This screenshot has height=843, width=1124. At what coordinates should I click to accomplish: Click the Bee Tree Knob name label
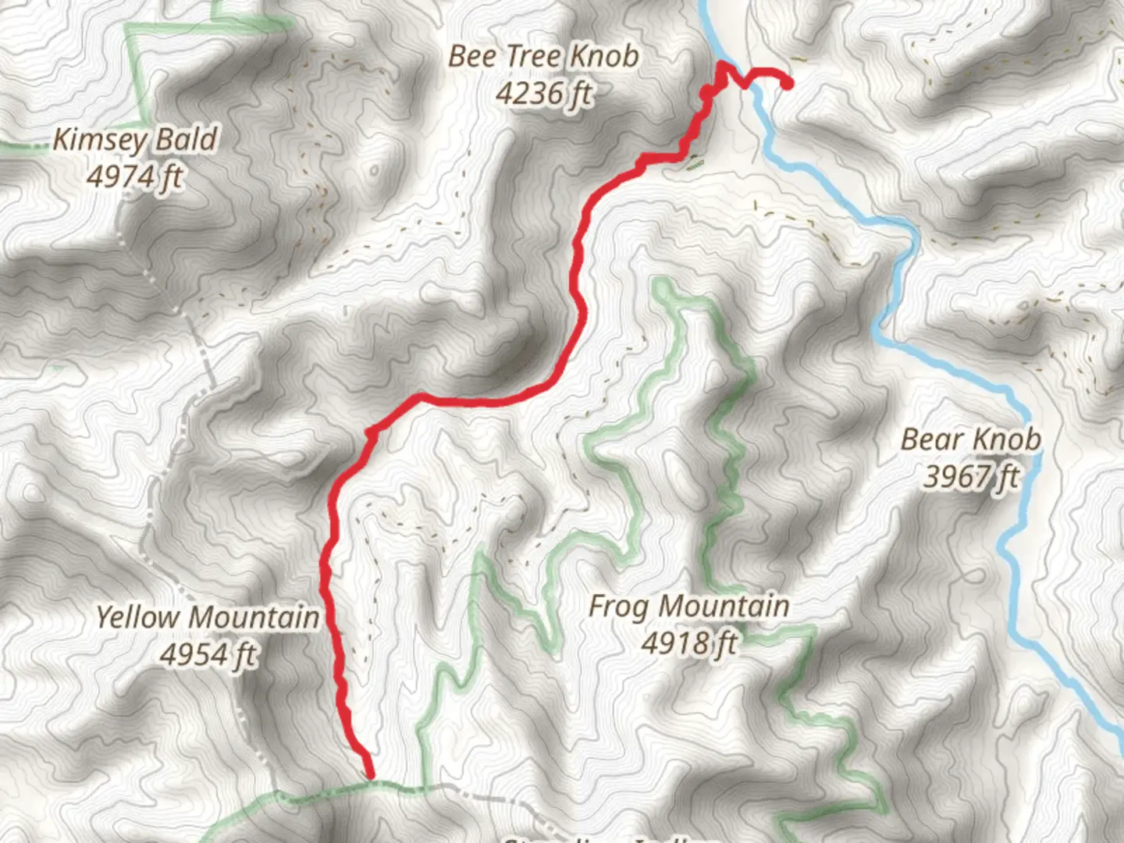pos(543,56)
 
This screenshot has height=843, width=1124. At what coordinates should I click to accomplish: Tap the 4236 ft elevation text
pos(543,94)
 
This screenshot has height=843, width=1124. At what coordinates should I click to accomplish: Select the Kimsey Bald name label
pos(134,140)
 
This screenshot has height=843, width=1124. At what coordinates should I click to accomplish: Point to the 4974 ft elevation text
pos(134,177)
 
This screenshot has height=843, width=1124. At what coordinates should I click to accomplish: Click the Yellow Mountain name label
pos(208,617)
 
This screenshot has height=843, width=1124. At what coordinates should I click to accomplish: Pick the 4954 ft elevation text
pos(208,654)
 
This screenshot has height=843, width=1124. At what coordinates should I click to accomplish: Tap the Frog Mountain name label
pos(688,606)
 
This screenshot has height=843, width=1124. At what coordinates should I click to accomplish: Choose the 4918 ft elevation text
pos(688,643)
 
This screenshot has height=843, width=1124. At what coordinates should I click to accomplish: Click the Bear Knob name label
pos(970,439)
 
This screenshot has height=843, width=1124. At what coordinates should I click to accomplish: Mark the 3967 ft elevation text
pos(970,476)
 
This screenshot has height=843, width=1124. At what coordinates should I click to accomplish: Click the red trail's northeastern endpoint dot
pos(788,84)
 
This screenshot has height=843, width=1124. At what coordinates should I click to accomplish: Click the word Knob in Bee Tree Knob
pos(603,56)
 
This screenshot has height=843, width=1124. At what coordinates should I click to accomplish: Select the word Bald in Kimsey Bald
pos(186,140)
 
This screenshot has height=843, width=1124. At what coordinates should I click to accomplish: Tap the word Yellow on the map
pos(137,617)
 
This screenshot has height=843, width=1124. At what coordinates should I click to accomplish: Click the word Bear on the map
pos(931,439)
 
